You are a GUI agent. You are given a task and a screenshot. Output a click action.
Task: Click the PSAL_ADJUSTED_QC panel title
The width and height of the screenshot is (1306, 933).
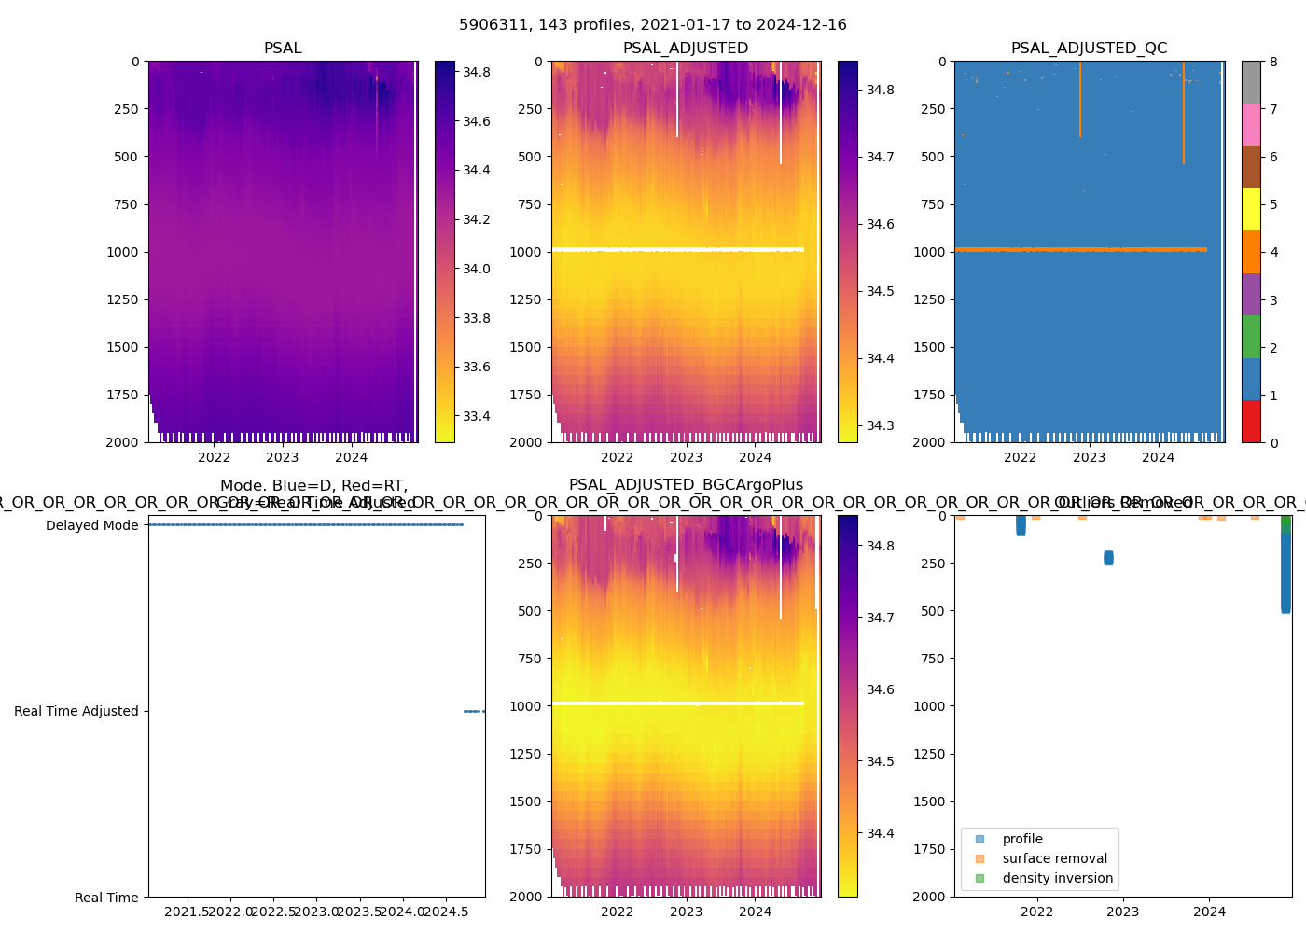tap(1089, 49)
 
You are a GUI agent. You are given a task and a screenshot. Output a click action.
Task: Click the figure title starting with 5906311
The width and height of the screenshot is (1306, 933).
tap(653, 25)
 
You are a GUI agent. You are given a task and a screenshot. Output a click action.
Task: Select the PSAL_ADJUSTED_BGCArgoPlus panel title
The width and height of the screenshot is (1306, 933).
tap(686, 485)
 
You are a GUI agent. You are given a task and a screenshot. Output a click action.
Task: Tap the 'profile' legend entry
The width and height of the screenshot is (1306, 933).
tap(1022, 839)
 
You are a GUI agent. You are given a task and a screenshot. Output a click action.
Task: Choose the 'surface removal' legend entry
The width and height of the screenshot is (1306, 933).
tap(1054, 858)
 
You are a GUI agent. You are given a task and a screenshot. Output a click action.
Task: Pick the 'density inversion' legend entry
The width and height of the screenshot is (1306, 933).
tap(1057, 878)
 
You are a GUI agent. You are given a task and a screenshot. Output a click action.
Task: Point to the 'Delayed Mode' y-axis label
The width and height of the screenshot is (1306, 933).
tap(91, 525)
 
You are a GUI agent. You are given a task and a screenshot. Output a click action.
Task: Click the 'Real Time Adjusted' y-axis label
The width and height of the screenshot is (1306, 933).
tap(76, 711)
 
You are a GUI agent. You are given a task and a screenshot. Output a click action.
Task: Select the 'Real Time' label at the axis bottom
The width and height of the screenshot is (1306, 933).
tap(106, 898)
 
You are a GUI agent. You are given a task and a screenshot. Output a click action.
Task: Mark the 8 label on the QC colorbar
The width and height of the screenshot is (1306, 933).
tap(1273, 63)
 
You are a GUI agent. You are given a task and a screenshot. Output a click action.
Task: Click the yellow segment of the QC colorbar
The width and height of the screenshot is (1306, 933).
tap(1251, 209)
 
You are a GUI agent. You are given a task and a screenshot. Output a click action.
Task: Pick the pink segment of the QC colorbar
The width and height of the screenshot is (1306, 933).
tap(1251, 124)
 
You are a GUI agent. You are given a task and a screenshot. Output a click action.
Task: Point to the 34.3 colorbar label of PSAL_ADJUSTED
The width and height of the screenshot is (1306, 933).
tap(880, 425)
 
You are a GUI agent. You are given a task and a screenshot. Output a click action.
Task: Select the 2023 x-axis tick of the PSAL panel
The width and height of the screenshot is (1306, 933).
tap(283, 457)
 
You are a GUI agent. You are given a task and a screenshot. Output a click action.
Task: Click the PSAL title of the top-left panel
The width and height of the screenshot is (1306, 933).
tap(283, 49)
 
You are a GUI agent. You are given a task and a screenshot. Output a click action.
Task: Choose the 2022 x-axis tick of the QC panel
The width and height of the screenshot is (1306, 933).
tap(1020, 457)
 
